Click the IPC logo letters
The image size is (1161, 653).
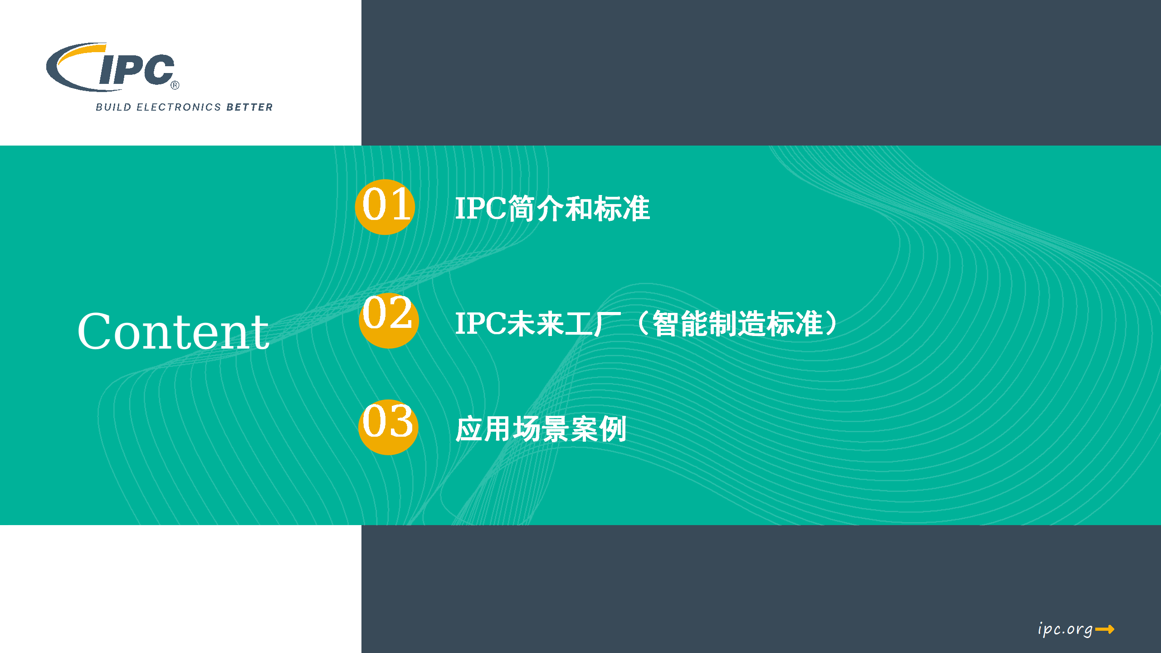point(136,70)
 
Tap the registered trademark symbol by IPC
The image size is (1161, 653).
point(175,85)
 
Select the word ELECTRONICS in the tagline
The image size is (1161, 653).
point(179,107)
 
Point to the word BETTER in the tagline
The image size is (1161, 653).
point(250,107)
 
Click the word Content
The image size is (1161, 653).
point(173,332)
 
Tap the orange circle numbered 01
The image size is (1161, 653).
point(385,207)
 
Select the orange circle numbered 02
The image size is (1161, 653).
point(388,320)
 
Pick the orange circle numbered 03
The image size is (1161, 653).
point(388,427)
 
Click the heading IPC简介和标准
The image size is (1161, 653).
point(552,209)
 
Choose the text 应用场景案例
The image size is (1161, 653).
point(541,429)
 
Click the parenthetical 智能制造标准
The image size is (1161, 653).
point(737,324)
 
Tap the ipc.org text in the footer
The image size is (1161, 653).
point(1065,629)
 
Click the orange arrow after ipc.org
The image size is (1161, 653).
point(1105,629)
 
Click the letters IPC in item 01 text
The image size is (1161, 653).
point(481,209)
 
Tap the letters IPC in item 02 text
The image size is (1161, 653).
point(481,324)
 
